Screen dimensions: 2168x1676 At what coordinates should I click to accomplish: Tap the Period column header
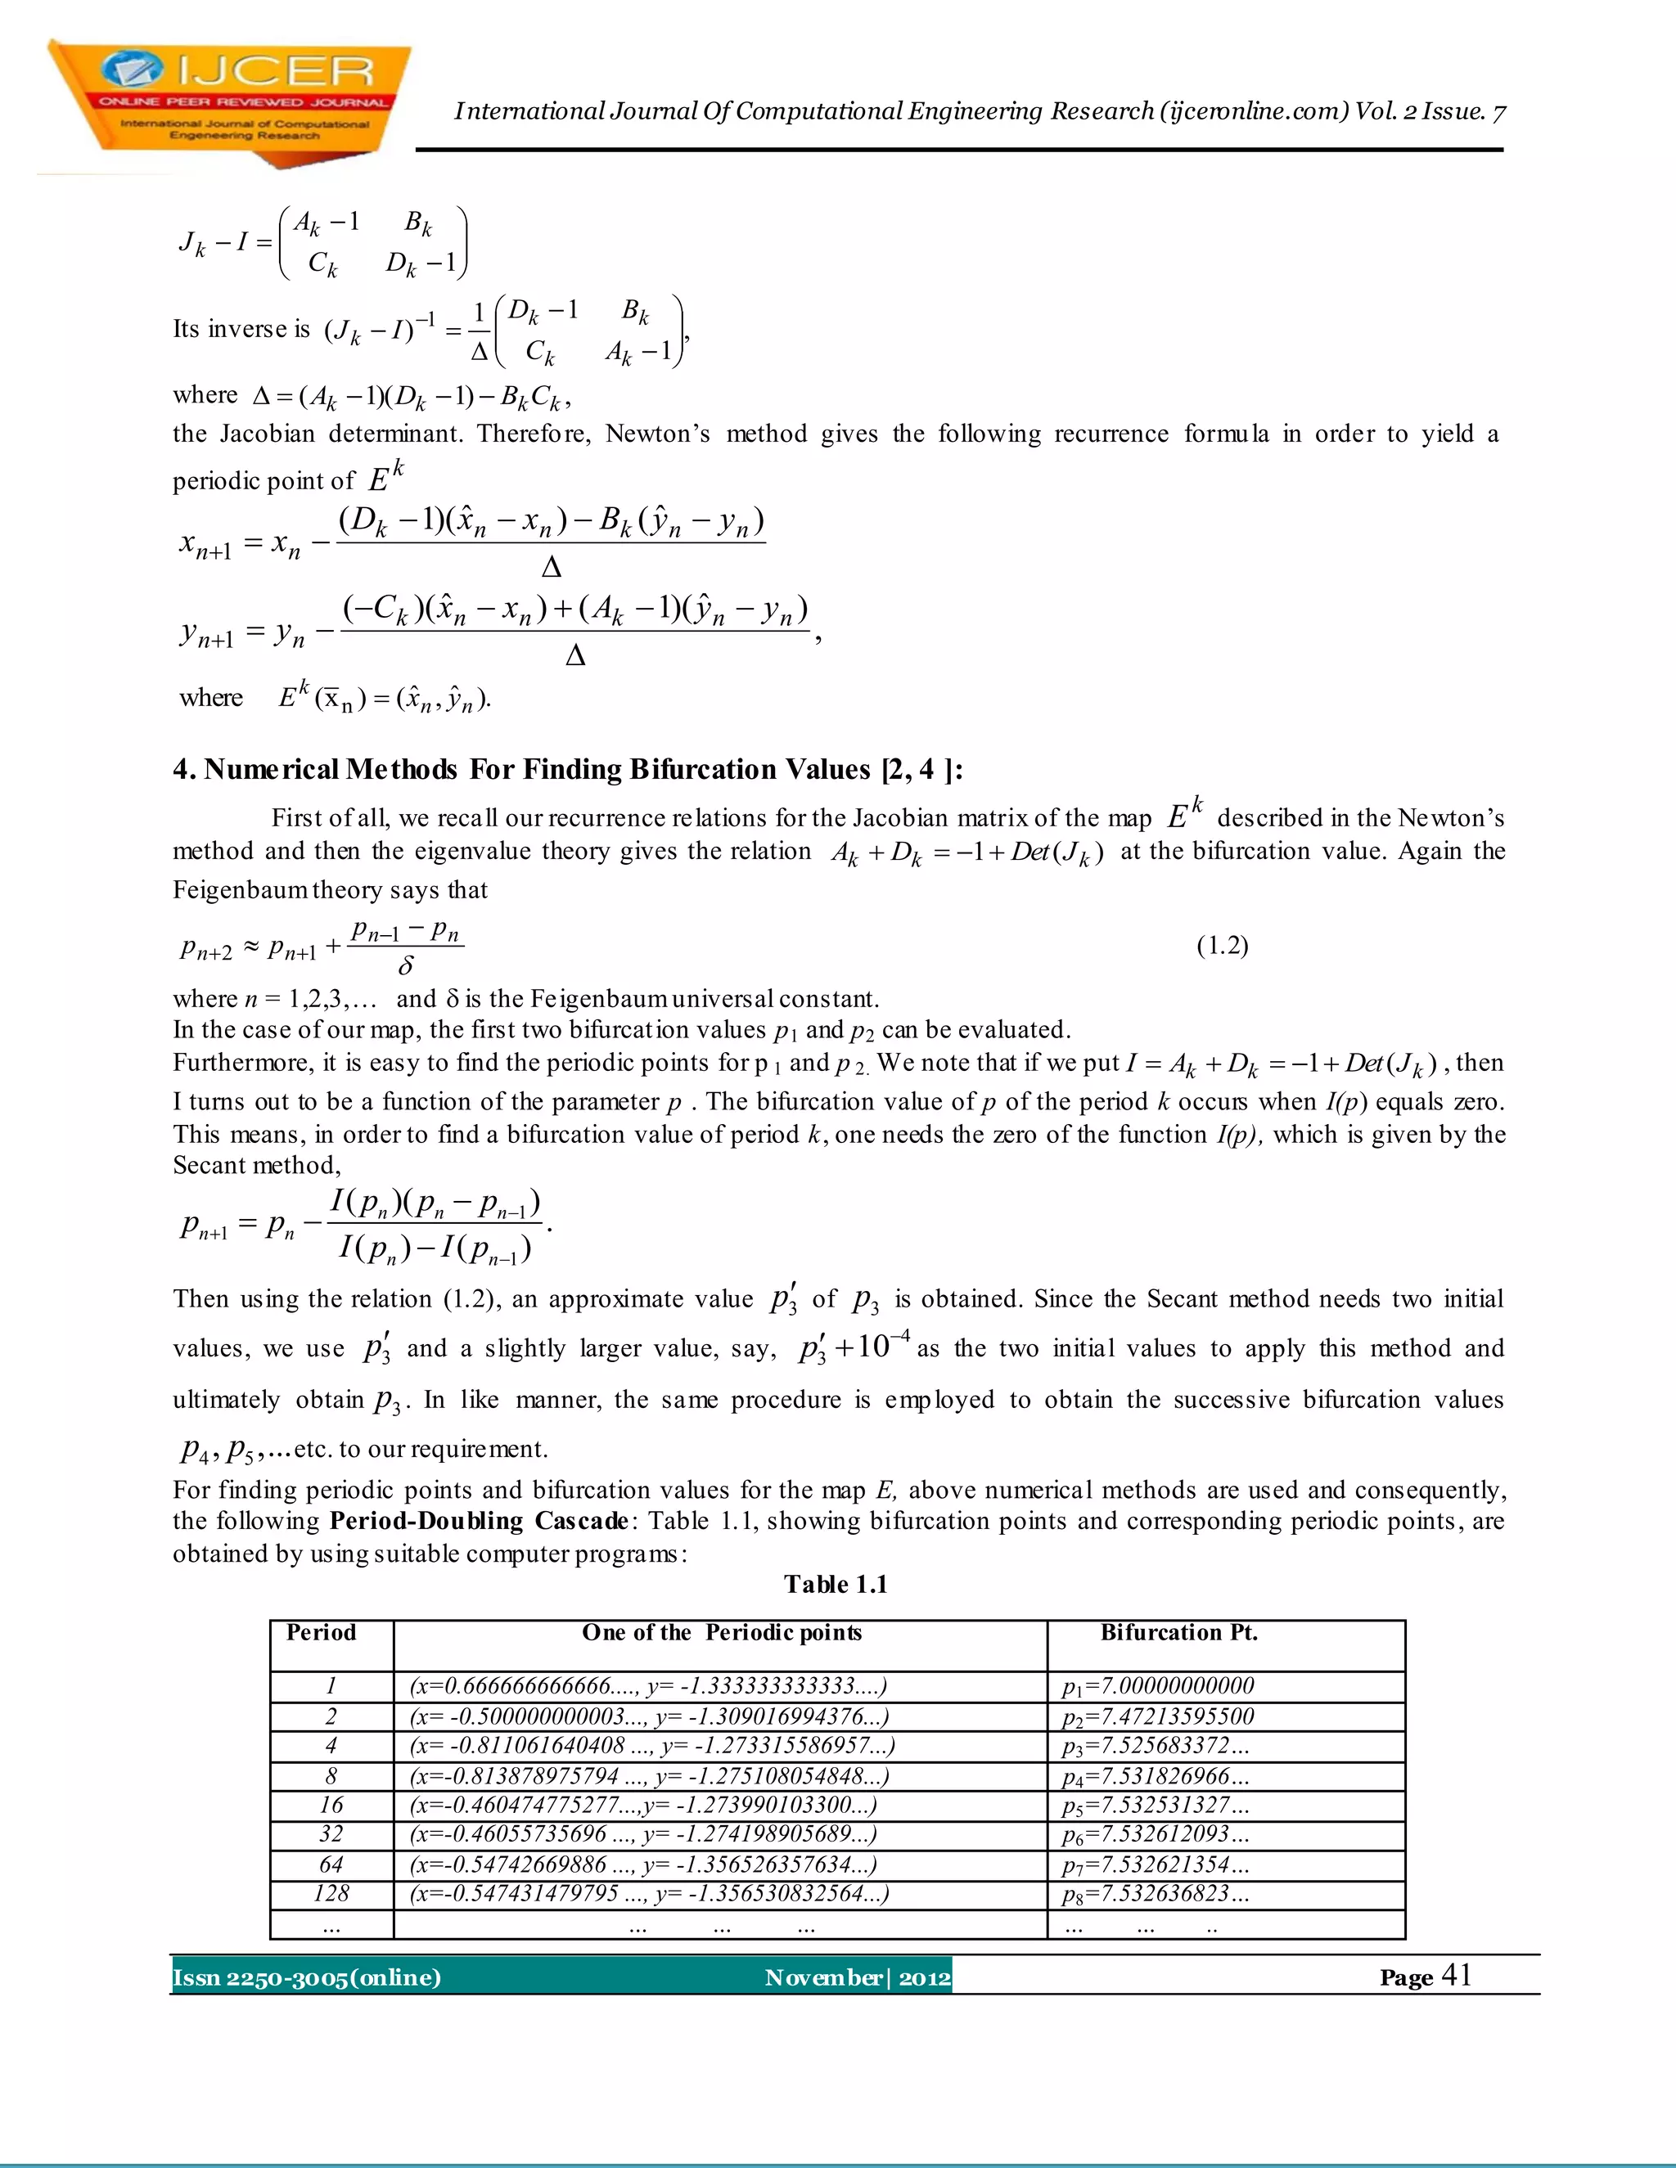click(321, 1633)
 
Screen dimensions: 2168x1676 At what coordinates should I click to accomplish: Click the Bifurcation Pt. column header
click(1178, 1633)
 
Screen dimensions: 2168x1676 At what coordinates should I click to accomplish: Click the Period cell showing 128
click(331, 1894)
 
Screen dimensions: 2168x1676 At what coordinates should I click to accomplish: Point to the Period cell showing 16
click(331, 1805)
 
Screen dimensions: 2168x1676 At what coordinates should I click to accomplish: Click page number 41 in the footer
click(1456, 1976)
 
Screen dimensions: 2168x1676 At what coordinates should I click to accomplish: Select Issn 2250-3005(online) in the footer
click(307, 1977)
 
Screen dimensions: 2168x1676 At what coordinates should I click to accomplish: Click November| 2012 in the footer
click(858, 1977)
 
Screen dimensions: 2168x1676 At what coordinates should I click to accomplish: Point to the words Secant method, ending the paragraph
click(256, 1165)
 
